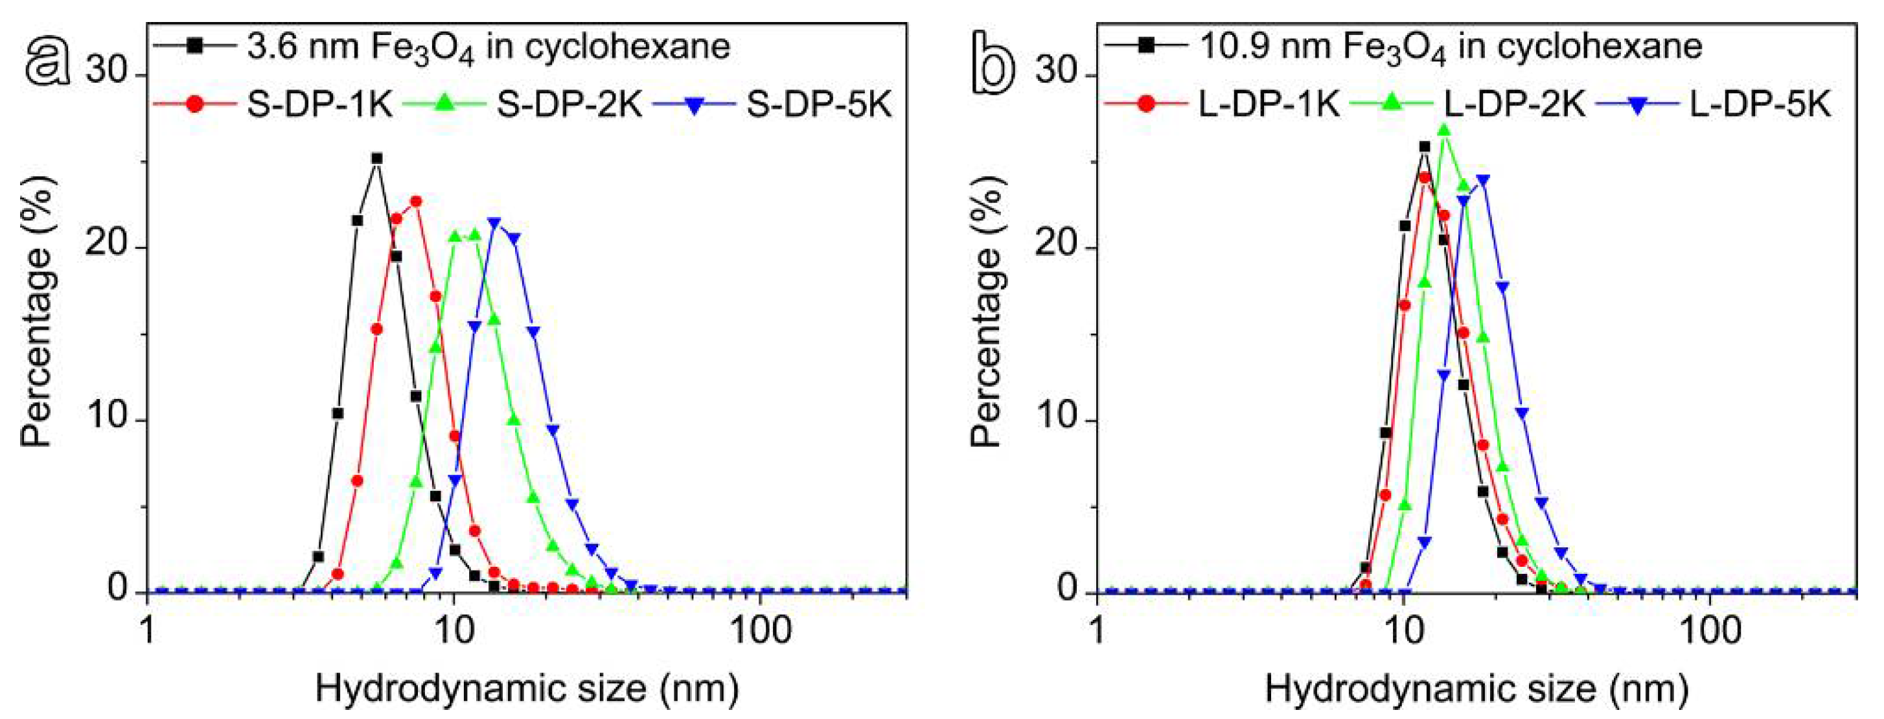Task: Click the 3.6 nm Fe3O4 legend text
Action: [488, 47]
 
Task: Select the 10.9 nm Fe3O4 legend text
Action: [1451, 47]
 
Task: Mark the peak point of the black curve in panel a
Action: [376, 158]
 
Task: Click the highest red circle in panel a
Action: [416, 201]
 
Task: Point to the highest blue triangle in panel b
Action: [1483, 179]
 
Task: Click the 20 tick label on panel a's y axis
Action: [108, 247]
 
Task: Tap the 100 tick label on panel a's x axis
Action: [760, 630]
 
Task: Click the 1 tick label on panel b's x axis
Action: [1096, 630]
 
